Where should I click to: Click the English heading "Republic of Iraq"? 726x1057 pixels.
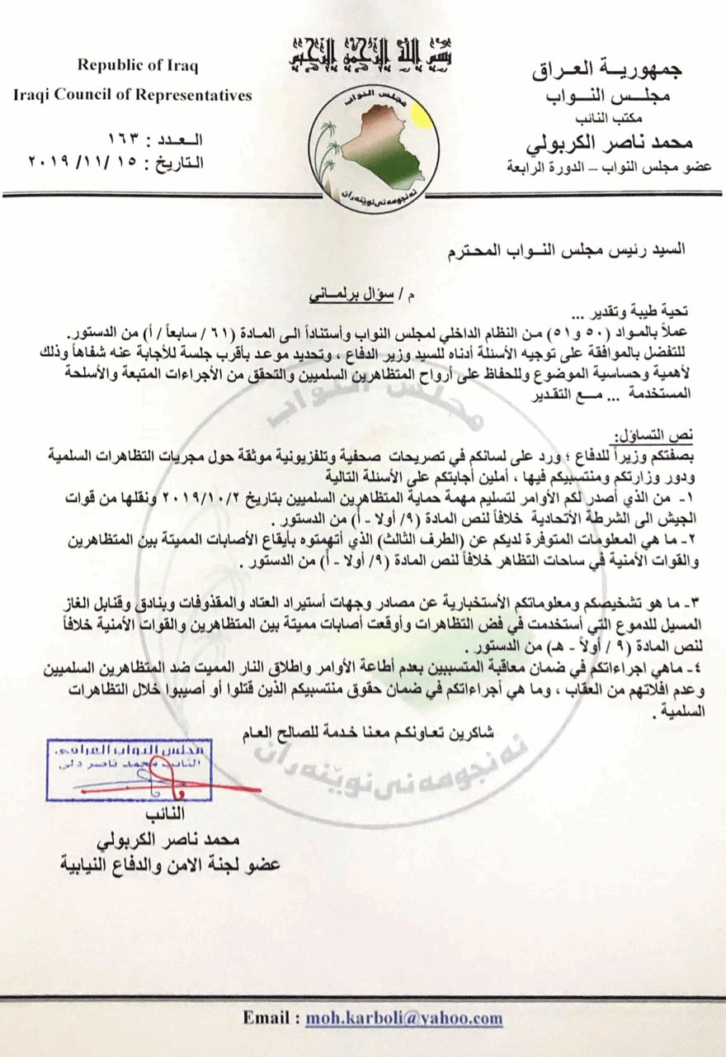point(138,67)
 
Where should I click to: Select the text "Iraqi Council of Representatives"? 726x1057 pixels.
point(133,96)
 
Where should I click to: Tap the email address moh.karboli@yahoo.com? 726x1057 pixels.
point(403,1018)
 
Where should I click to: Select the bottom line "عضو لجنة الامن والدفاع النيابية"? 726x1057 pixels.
point(171,865)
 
